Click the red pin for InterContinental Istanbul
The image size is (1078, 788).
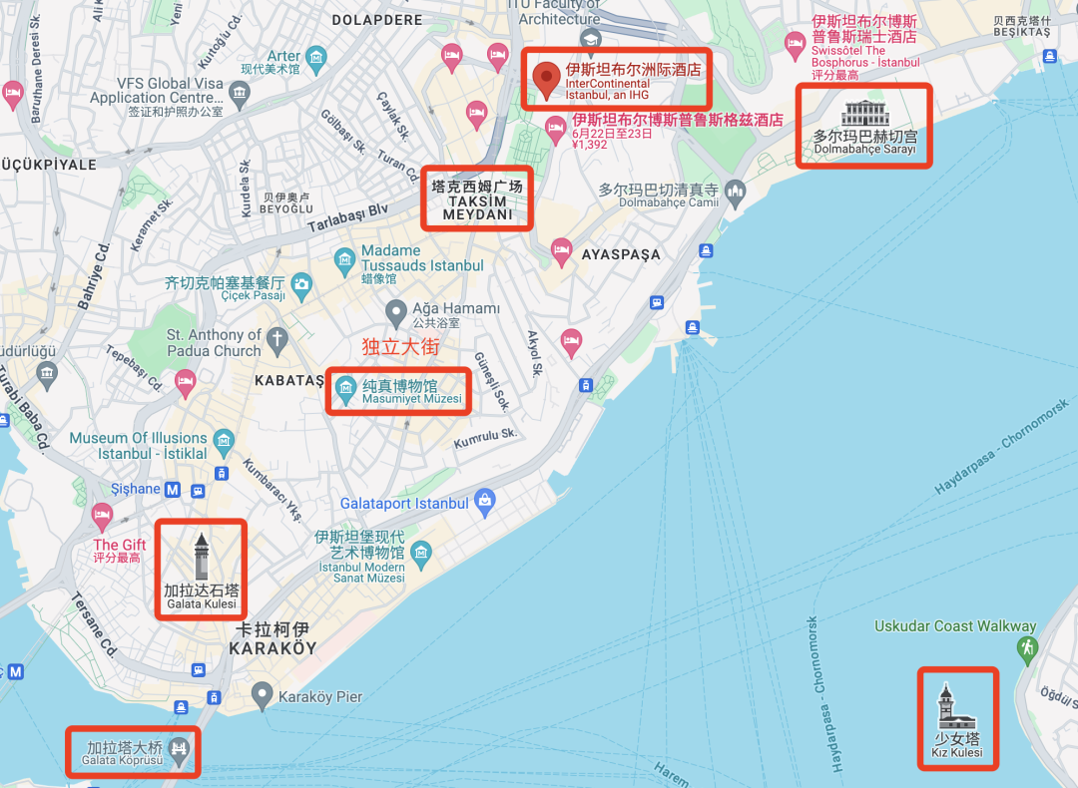[x=546, y=79]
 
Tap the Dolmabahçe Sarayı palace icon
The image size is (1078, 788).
[x=864, y=113]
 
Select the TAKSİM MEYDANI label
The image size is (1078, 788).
[x=477, y=200]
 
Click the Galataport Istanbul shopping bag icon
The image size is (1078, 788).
[x=485, y=502]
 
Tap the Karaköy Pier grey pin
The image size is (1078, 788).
[x=262, y=694]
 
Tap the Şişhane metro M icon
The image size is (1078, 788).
[x=173, y=490]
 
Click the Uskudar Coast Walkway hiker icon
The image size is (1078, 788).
[x=1026, y=648]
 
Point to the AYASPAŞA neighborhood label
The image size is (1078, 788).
[x=621, y=254]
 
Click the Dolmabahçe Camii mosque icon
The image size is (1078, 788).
[x=736, y=190]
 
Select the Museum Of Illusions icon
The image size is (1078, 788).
[x=224, y=439]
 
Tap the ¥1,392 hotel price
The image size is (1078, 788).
[x=590, y=145]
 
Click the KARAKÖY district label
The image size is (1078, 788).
[x=272, y=638]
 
